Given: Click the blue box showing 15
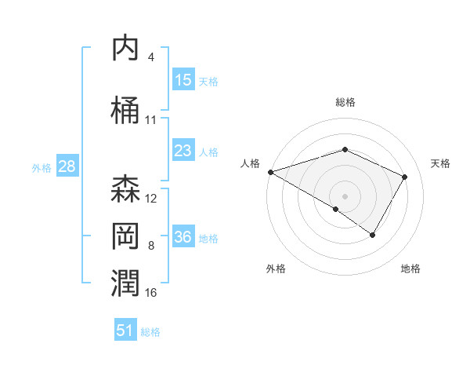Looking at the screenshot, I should tap(183, 80).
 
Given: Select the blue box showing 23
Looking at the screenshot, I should tap(183, 151).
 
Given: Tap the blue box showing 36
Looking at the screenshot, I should tap(183, 237).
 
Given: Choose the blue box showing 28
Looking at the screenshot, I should tap(67, 167).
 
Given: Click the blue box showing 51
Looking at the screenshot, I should tap(125, 331).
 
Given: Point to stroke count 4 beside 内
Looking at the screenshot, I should tap(151, 57).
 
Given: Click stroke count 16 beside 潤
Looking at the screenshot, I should tap(151, 293).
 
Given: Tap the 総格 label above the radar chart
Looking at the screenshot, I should tap(345, 102).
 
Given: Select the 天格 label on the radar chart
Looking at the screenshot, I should tap(440, 163).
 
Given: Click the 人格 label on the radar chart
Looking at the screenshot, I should tap(250, 163).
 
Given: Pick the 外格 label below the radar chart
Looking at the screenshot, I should tap(275, 269).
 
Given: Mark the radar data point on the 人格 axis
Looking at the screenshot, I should tap(270, 172).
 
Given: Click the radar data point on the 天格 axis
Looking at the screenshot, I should tap(405, 177).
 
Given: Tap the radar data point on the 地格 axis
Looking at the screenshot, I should tap(373, 235).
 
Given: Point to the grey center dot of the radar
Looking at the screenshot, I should tap(345, 195).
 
